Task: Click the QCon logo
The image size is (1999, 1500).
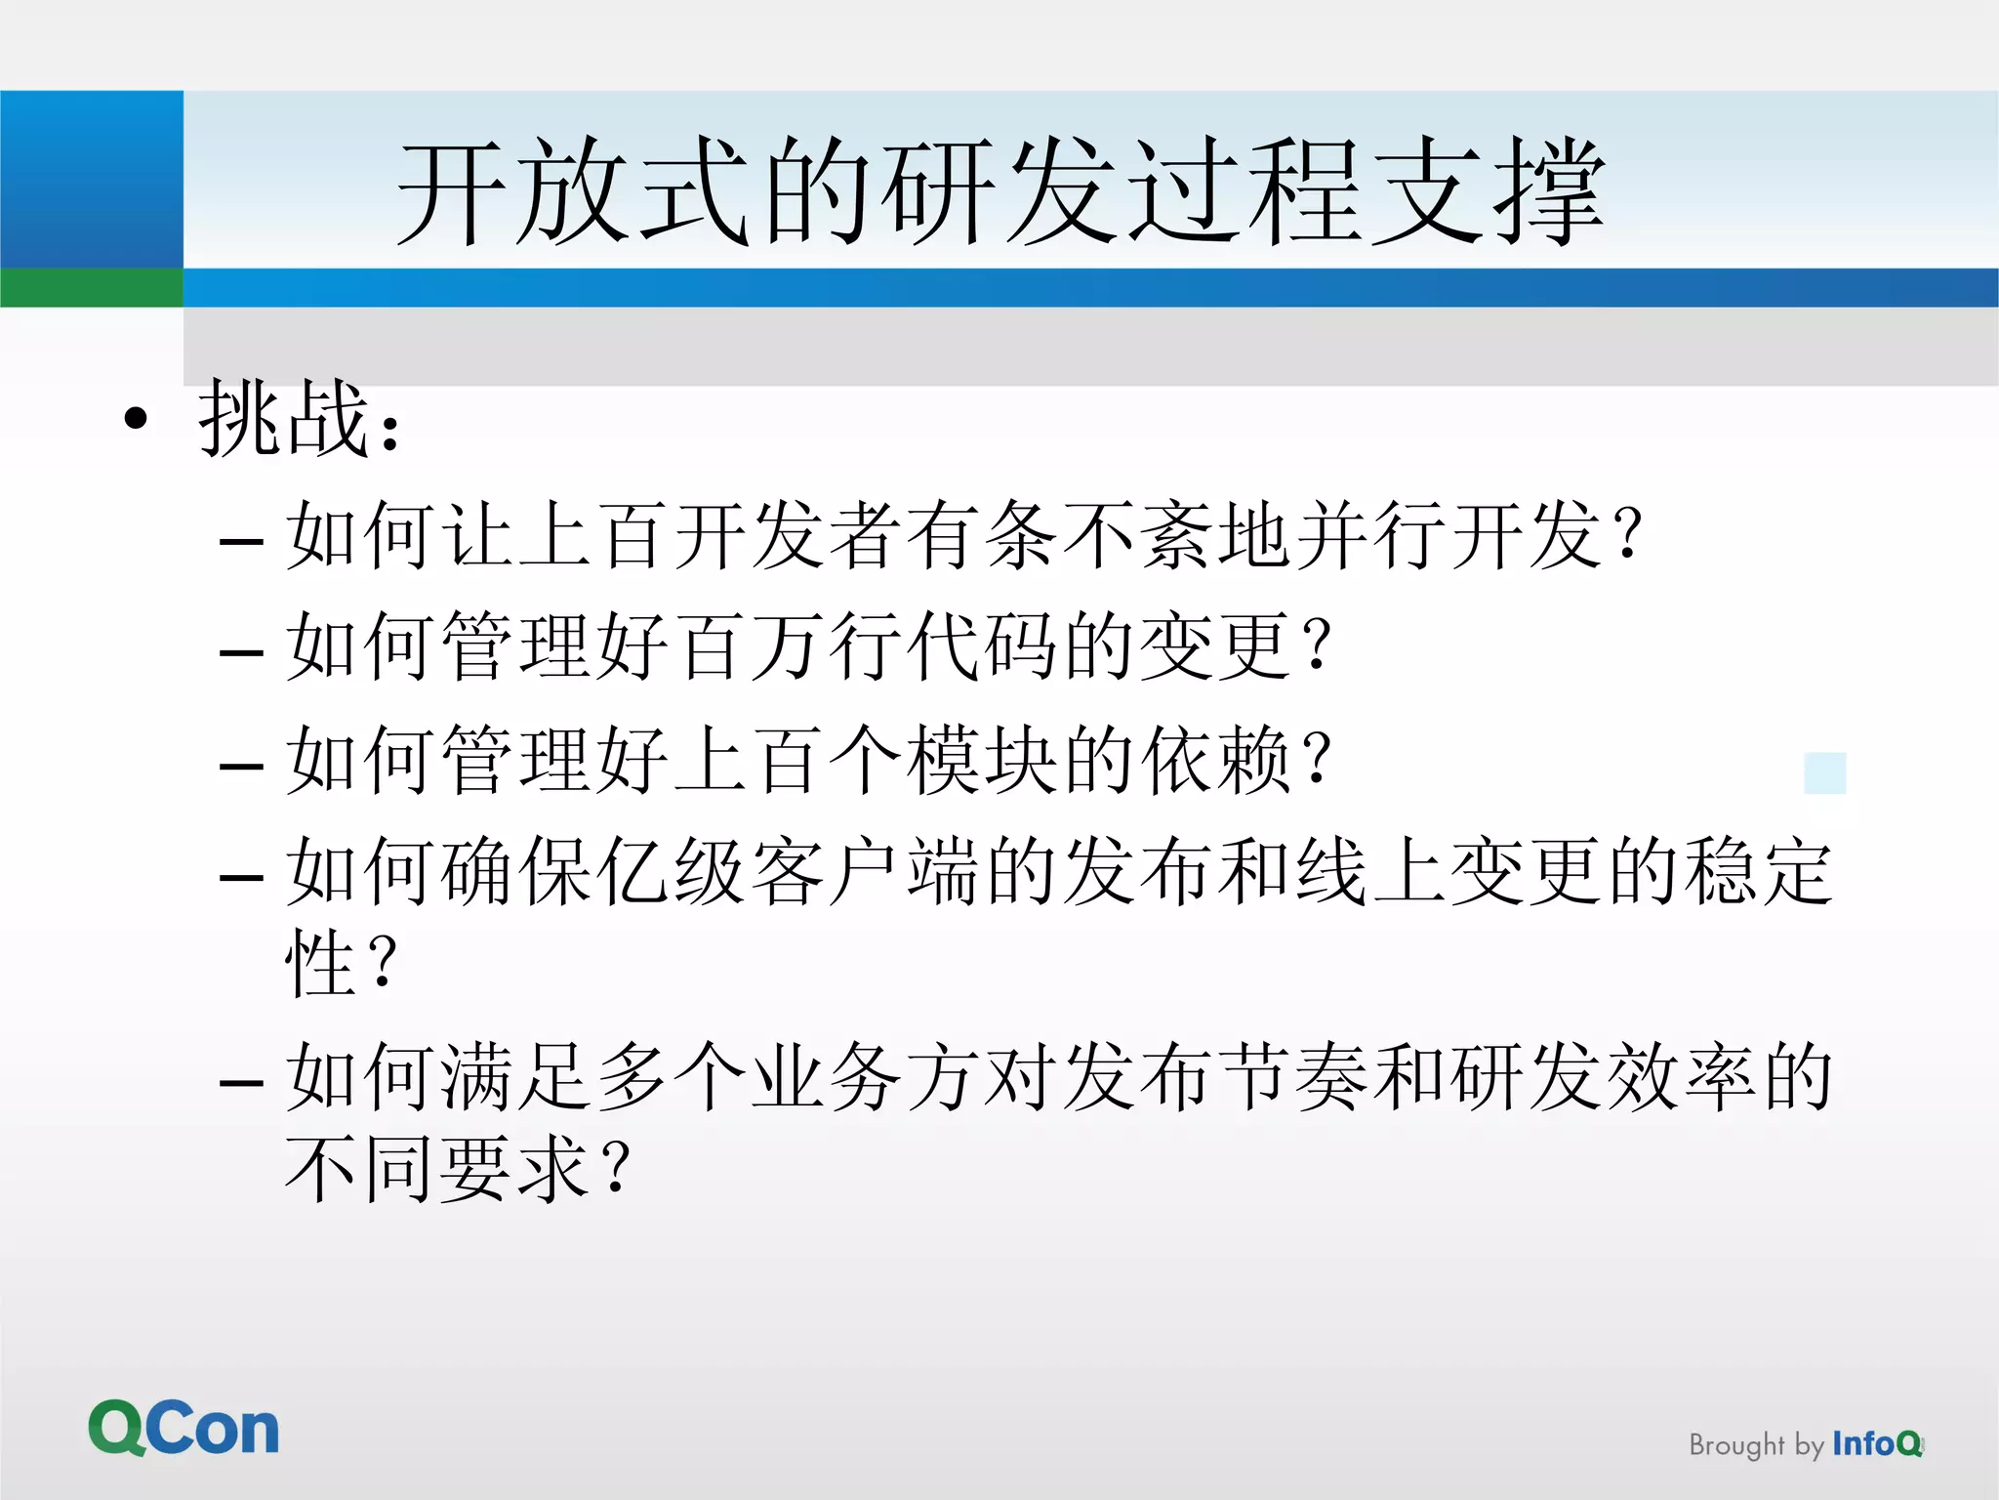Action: (x=184, y=1428)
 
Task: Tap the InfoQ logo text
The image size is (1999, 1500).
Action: (x=1877, y=1443)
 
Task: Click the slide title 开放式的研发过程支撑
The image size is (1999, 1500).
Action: (x=1000, y=190)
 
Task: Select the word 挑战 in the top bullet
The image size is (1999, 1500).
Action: (x=284, y=419)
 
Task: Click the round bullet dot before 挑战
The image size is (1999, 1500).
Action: (x=137, y=419)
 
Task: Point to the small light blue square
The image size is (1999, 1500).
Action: (x=1824, y=772)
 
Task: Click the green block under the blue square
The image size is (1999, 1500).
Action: (x=91, y=288)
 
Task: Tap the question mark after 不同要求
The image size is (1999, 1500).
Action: (x=617, y=1168)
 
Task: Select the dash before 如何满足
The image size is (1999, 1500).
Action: (x=241, y=1084)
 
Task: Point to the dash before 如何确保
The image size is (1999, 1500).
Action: (x=241, y=877)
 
